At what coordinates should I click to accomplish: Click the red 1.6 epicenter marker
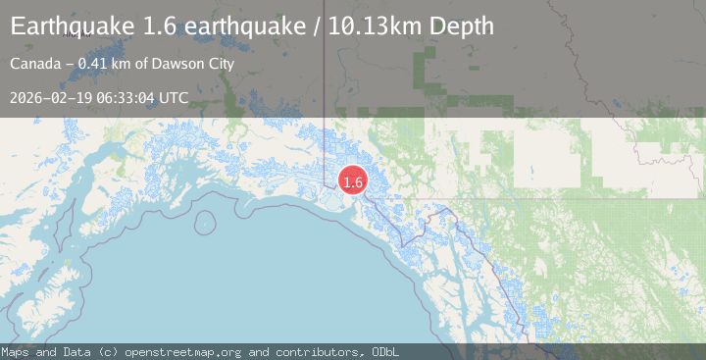tap(353, 181)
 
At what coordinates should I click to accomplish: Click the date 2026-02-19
tap(52, 98)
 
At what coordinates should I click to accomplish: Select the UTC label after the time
tap(174, 98)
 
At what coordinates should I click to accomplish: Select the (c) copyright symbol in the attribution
tap(103, 351)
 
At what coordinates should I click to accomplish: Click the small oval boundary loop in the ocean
tap(205, 222)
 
